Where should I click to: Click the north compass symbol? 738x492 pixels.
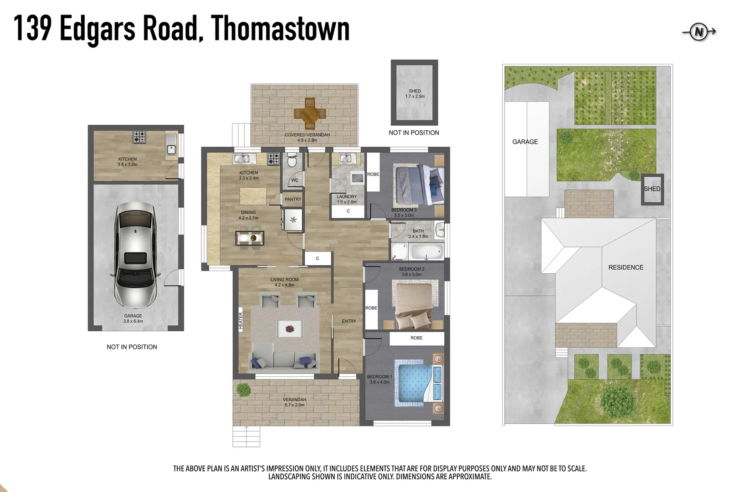(x=699, y=32)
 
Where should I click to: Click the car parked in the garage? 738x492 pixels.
(x=135, y=255)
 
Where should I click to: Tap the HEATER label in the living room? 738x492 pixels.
(x=241, y=320)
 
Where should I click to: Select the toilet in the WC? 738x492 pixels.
(x=292, y=161)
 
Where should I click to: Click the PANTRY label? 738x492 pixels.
(x=293, y=200)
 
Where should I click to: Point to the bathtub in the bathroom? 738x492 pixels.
(x=427, y=251)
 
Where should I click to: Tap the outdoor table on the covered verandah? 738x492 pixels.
(x=310, y=113)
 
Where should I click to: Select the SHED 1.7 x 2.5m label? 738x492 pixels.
(x=415, y=94)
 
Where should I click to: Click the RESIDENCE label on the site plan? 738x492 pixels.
(x=625, y=267)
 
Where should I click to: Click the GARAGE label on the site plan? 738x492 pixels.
(x=525, y=142)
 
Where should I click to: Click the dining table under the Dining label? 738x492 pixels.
(x=250, y=238)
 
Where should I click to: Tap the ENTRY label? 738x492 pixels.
(x=349, y=321)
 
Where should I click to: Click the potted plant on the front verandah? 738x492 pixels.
(x=243, y=389)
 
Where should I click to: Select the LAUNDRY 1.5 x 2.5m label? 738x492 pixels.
(x=347, y=199)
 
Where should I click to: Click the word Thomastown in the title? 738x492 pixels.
(x=280, y=29)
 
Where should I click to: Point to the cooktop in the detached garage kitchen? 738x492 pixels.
(x=139, y=136)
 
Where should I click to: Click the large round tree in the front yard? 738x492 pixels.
(x=618, y=401)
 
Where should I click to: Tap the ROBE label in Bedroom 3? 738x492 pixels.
(x=373, y=174)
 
